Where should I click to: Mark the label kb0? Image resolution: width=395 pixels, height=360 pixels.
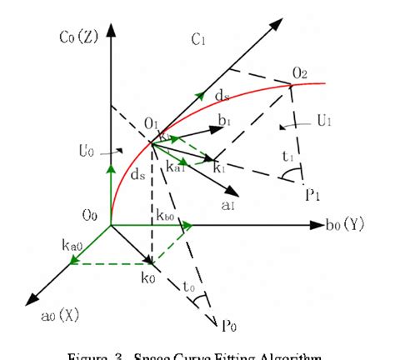[x=164, y=216]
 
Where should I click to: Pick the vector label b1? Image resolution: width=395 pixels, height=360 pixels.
[x=224, y=122]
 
